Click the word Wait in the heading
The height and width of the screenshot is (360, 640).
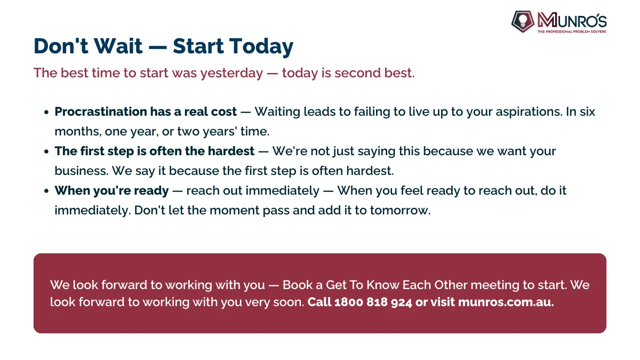pyautogui.click(x=118, y=46)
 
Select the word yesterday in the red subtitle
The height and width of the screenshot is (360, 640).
pyautogui.click(x=231, y=74)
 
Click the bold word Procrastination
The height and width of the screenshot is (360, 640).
pyautogui.click(x=101, y=111)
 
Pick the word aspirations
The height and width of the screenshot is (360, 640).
pyautogui.click(x=529, y=112)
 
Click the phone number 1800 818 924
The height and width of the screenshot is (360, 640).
pyautogui.click(x=373, y=302)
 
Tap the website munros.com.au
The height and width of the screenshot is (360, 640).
pyautogui.click(x=506, y=302)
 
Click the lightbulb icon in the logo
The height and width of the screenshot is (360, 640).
pyautogui.click(x=523, y=21)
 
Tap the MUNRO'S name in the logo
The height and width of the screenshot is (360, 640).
pyautogui.click(x=572, y=20)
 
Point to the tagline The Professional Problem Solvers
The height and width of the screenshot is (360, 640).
pyautogui.click(x=572, y=31)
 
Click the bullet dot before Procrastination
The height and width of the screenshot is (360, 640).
pyautogui.click(x=46, y=112)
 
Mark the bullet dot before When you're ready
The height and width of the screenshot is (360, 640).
pyautogui.click(x=46, y=191)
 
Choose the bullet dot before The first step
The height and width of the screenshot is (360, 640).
pyautogui.click(x=46, y=151)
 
